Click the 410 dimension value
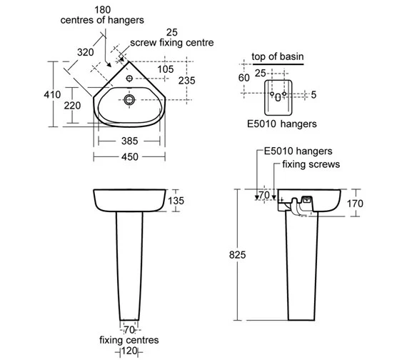pyautogui.click(x=52, y=94)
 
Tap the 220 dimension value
pyautogui.click(x=72, y=106)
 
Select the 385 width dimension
pyautogui.click(x=129, y=141)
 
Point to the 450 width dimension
pyautogui.click(x=130, y=157)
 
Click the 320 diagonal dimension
pyautogui.click(x=86, y=52)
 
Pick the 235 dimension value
pyautogui.click(x=186, y=81)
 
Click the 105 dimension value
pyautogui.click(x=166, y=69)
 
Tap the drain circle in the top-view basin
pyautogui.click(x=129, y=99)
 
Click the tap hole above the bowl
pyautogui.click(x=129, y=78)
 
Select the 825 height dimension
pyautogui.click(x=237, y=255)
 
